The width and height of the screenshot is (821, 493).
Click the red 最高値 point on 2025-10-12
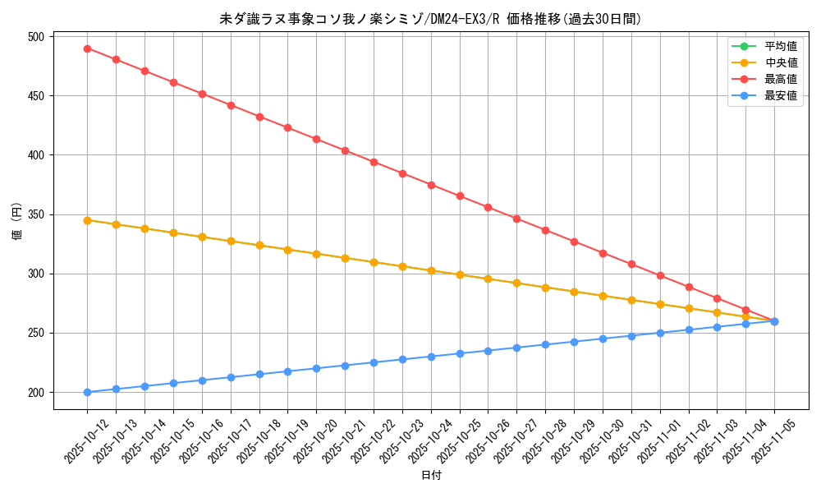click(87, 48)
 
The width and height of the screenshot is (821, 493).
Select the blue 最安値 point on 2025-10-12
click(87, 392)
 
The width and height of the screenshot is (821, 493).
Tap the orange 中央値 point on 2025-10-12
click(87, 220)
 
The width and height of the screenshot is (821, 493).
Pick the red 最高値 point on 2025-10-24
click(431, 185)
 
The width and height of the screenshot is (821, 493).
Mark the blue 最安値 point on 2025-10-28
click(545, 344)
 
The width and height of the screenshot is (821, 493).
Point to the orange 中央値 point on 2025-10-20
click(316, 254)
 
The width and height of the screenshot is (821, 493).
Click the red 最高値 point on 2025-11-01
click(660, 275)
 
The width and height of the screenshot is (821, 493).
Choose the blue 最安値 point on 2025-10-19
click(287, 371)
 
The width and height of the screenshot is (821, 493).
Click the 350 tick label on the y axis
click(36, 214)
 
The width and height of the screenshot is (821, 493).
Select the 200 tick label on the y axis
click(36, 392)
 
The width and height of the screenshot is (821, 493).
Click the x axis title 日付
click(431, 476)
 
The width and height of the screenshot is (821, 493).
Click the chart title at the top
click(431, 19)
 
